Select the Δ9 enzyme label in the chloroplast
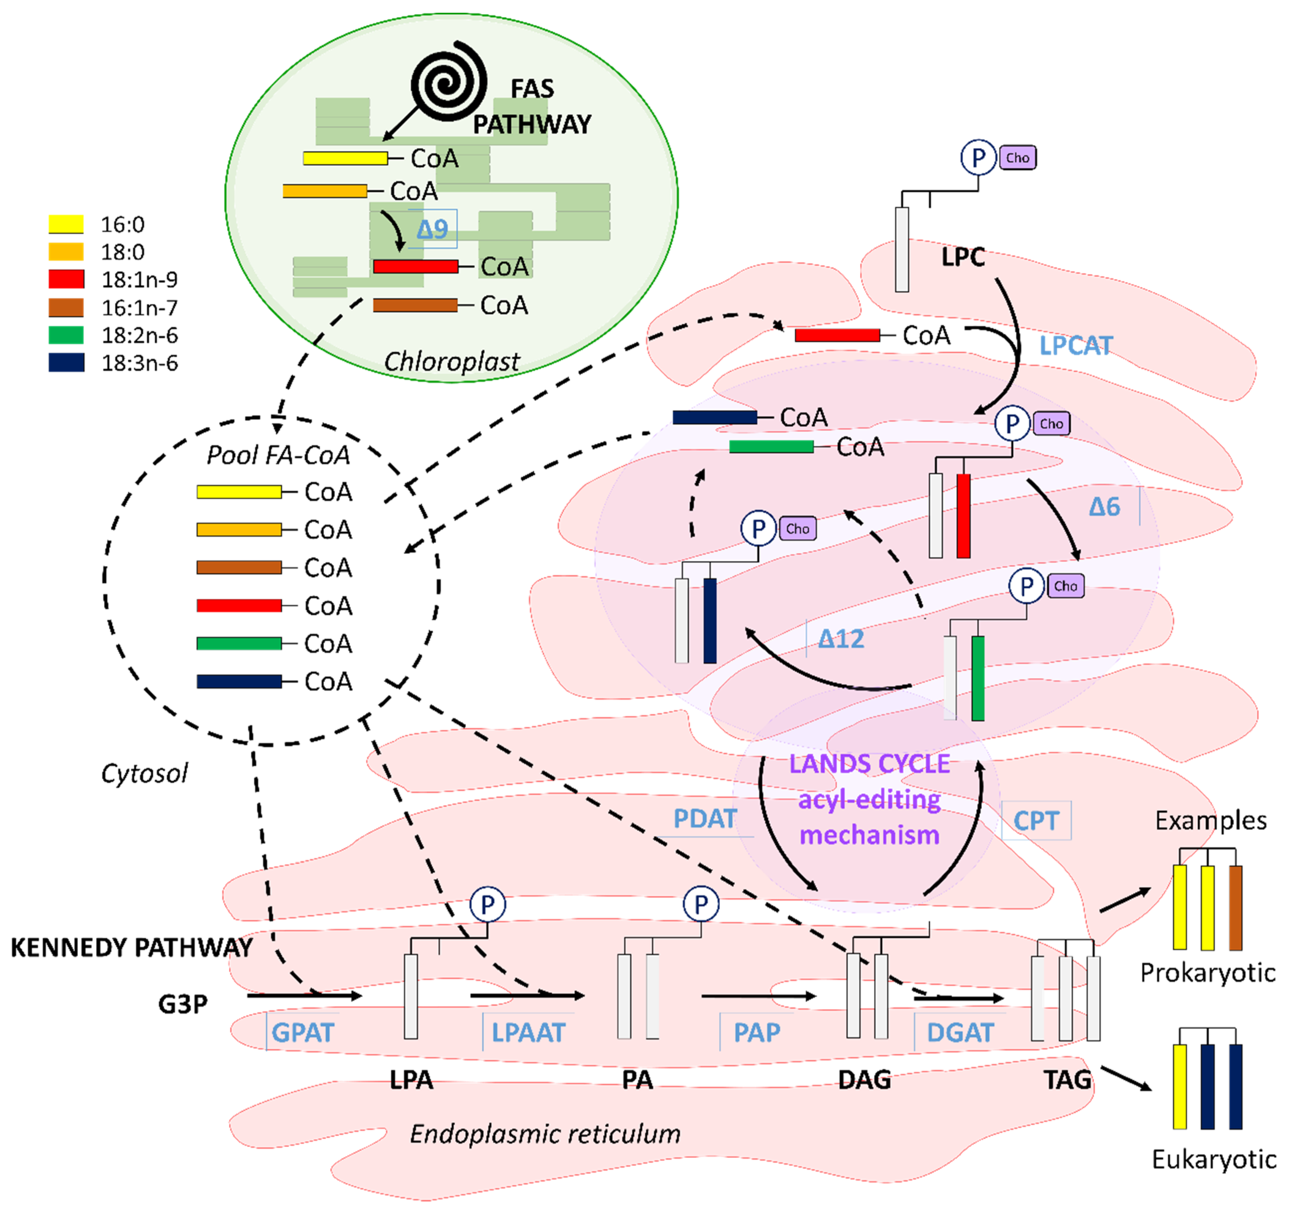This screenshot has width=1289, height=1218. (432, 229)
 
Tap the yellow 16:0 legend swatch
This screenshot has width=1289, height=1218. (66, 224)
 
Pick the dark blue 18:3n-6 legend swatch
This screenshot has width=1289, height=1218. (66, 362)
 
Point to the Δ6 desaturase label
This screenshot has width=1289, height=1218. (1104, 506)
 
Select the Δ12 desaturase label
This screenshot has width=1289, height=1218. (841, 639)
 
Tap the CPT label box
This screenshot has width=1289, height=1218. (1035, 820)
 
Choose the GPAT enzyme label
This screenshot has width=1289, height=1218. (302, 1032)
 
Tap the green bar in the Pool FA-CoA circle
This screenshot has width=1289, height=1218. (239, 644)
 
